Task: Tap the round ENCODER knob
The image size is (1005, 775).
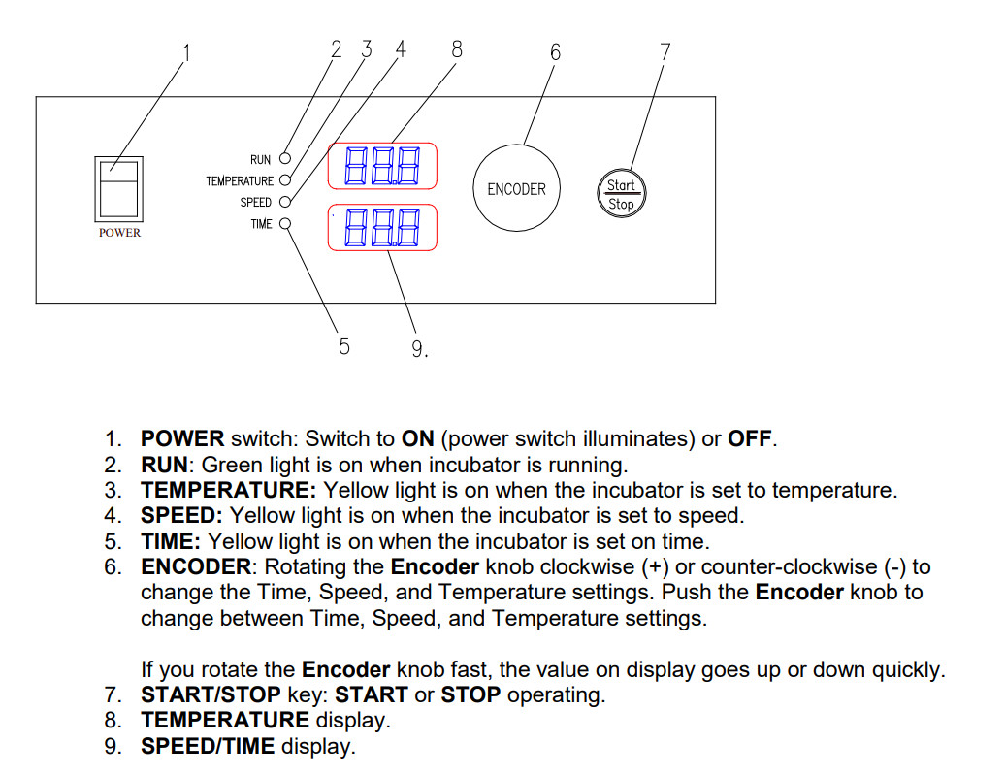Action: point(516,189)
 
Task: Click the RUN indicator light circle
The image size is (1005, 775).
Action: point(285,157)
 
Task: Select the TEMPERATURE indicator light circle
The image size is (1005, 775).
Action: point(285,179)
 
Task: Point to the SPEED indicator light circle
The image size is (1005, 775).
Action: point(285,202)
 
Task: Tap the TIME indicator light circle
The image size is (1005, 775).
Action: point(285,224)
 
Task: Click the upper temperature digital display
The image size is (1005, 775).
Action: point(382,166)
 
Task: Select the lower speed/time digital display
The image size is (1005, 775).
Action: point(382,228)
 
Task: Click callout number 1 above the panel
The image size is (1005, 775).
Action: point(187,52)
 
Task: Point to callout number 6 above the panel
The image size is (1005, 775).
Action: point(555,52)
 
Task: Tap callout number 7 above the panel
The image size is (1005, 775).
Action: point(665,52)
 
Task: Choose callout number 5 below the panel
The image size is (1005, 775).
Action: point(344,345)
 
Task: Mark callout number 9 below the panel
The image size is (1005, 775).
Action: point(418,349)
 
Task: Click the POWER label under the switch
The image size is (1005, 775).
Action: point(119,233)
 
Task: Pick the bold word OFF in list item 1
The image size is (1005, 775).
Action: point(749,438)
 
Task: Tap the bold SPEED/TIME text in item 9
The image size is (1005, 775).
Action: point(208,747)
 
